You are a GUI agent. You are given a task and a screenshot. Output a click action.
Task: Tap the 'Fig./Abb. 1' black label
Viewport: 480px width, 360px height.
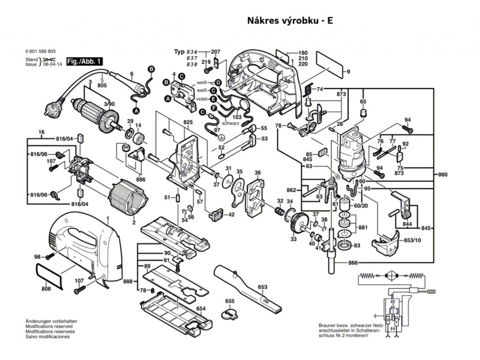click(x=85, y=61)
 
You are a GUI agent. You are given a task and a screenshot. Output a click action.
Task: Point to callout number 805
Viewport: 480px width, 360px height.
click(x=102, y=86)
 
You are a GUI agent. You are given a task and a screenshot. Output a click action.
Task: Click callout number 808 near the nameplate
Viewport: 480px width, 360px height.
click(x=45, y=289)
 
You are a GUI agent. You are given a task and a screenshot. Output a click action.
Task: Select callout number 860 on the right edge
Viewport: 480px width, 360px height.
click(x=443, y=175)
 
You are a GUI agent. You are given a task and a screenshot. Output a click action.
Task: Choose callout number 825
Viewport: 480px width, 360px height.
click(x=188, y=122)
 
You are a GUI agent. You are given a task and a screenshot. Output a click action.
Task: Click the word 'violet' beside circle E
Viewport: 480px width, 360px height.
click(x=202, y=99)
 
